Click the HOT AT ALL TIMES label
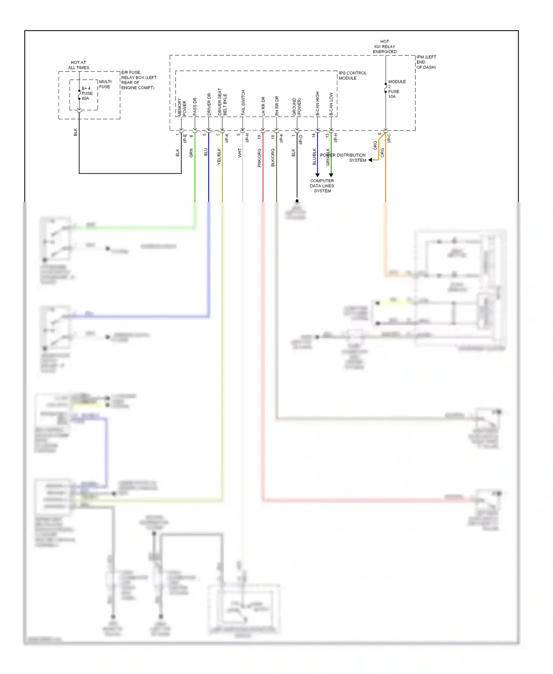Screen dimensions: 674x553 coord(79,65)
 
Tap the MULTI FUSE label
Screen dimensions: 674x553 coord(105,84)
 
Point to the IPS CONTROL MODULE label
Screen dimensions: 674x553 coord(352,76)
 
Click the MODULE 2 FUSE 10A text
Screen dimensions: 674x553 coord(396,89)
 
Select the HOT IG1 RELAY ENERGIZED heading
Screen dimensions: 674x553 coord(385,46)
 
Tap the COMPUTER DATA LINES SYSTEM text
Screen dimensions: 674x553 coord(322,186)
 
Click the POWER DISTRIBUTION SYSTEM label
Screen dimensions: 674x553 coord(343,157)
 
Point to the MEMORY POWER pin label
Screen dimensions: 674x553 coord(182,107)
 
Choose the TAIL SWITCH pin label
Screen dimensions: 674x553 coord(243,103)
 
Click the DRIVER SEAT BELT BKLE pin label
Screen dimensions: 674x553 coord(222,102)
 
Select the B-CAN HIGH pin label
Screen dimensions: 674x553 coord(317,104)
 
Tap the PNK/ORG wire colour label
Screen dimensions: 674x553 coord(259,158)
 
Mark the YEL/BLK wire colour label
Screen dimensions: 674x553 coord(219,156)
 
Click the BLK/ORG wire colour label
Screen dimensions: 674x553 coord(273,157)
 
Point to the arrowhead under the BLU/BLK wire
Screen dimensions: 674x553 coord(317,175)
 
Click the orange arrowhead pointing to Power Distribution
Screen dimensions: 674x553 coord(370,160)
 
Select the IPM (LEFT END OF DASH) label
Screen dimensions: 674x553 coord(426,62)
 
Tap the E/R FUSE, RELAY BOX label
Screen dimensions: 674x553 coord(138,80)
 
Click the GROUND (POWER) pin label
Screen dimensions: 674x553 coord(297,107)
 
